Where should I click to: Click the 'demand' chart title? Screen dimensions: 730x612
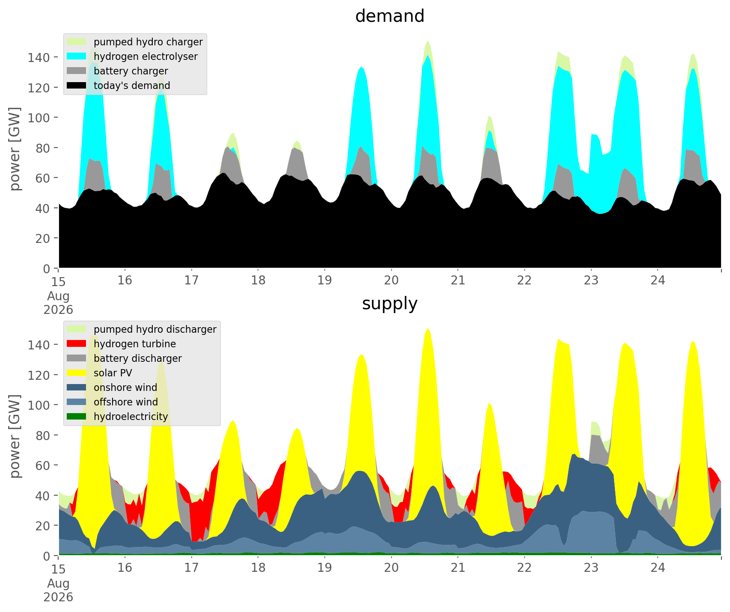pyautogui.click(x=390, y=16)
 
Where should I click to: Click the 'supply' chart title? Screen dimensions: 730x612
pyautogui.click(x=390, y=304)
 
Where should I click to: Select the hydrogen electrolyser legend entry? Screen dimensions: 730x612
pyautogui.click(x=133, y=56)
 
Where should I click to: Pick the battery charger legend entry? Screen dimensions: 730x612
pyautogui.click(x=118, y=71)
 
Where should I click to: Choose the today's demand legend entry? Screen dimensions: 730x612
pyautogui.click(x=119, y=86)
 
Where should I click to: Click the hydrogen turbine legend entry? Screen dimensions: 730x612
pyautogui.click(x=122, y=344)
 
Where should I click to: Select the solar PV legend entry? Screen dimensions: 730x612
pyautogui.click(x=100, y=373)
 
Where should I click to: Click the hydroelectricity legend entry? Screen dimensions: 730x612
pyautogui.click(x=118, y=417)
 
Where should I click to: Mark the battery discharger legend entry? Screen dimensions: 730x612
pyautogui.click(x=125, y=358)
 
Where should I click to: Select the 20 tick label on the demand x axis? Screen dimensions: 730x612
pyautogui.click(x=391, y=281)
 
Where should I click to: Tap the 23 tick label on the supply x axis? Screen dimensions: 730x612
pyautogui.click(x=591, y=568)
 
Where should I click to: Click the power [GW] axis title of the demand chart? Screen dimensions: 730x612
pyautogui.click(x=15, y=149)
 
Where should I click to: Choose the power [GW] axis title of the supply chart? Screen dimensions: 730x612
pyautogui.click(x=15, y=436)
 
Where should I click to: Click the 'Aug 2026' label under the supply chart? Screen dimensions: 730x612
pyautogui.click(x=58, y=590)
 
